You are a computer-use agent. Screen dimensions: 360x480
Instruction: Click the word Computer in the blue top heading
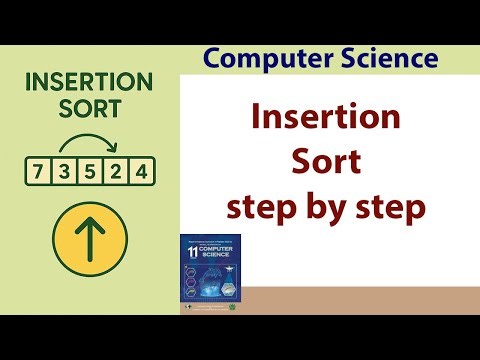click(262, 58)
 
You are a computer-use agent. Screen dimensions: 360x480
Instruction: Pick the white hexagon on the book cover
click(229, 290)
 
